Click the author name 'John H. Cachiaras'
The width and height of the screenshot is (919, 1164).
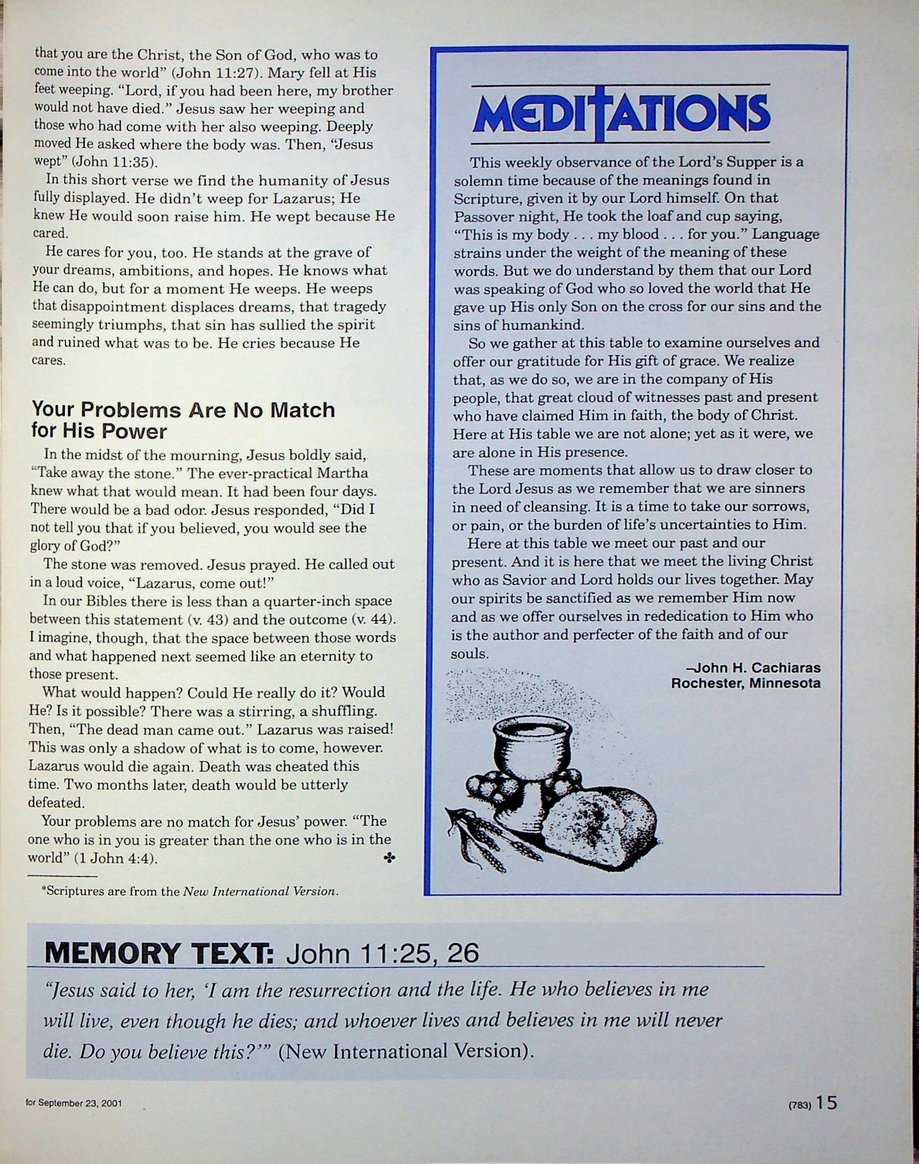pyautogui.click(x=756, y=668)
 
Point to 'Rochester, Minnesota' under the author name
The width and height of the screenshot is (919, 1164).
pyautogui.click(x=745, y=684)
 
